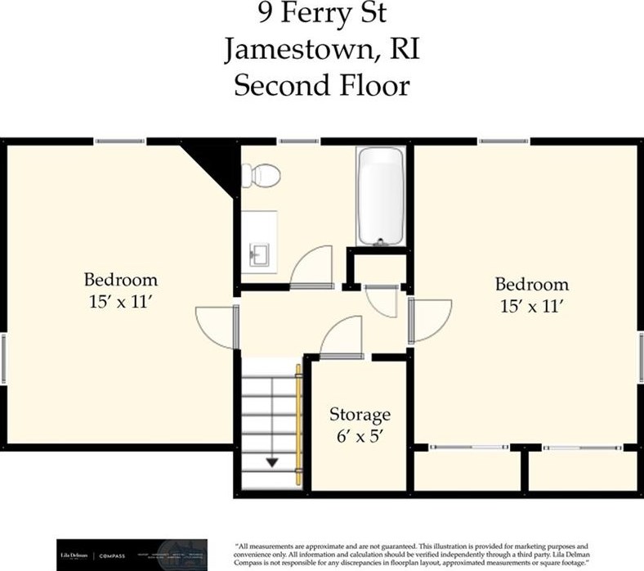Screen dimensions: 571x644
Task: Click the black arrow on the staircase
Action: click(271, 464)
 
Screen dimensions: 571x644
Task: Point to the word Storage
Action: click(360, 414)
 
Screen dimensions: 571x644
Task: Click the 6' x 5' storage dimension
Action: click(360, 436)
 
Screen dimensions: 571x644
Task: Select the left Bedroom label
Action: click(123, 279)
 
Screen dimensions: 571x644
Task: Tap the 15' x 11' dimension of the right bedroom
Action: click(533, 307)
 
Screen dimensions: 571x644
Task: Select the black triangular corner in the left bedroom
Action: click(214, 160)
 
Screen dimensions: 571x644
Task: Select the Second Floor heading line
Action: click(321, 85)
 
